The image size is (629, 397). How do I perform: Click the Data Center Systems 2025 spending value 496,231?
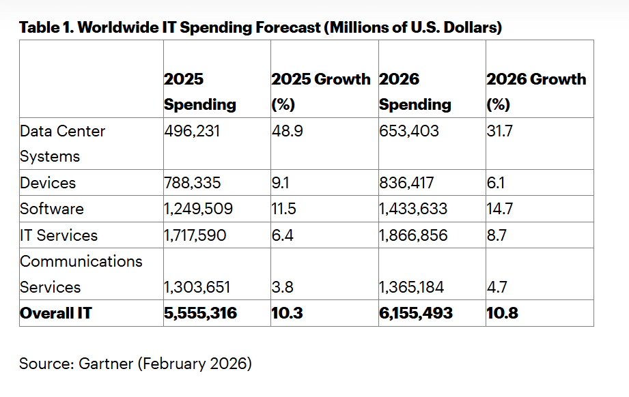point(192,130)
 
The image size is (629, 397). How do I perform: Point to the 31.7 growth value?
point(499,130)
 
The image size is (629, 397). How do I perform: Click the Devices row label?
point(48,183)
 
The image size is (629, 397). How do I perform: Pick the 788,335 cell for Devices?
point(194,183)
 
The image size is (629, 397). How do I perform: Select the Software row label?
point(52,209)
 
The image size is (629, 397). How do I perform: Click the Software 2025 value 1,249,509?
point(199,209)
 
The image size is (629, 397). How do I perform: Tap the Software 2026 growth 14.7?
point(499,209)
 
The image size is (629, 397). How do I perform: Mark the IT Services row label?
point(59,235)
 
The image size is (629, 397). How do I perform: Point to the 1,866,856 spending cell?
point(413,235)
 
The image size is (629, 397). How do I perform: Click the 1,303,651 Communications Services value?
point(197,287)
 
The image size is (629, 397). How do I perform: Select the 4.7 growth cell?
point(497,287)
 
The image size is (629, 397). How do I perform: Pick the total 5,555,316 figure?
point(201,313)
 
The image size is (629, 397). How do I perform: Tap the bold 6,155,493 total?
point(416,313)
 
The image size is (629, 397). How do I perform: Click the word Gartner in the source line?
point(106,364)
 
